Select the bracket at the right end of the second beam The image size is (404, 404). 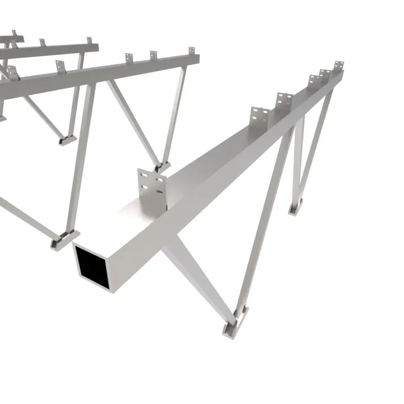191,52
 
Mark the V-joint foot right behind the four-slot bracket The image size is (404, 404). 163,165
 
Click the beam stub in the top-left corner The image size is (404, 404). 11,39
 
